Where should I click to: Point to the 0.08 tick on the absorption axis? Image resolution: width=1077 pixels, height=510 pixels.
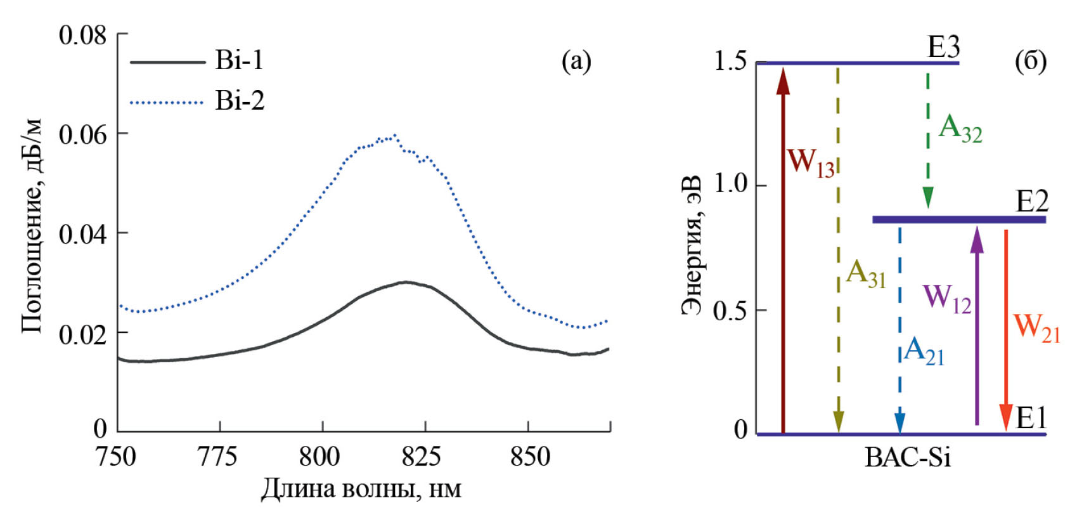click(x=82, y=34)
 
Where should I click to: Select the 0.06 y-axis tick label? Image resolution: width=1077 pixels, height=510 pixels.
click(x=82, y=134)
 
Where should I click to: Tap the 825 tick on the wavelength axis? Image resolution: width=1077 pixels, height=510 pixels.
click(x=421, y=456)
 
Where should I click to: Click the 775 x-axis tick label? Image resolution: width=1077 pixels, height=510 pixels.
click(x=217, y=456)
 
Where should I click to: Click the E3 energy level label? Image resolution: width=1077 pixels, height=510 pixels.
click(x=943, y=48)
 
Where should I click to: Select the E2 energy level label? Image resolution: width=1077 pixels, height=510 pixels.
click(x=1031, y=202)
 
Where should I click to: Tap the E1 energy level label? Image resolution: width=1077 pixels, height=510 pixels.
click(x=1031, y=418)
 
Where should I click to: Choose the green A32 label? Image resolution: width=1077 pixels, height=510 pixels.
click(x=960, y=128)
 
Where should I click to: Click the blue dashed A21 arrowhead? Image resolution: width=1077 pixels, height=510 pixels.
click(x=900, y=424)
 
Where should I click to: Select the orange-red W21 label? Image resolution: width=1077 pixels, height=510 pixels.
click(x=1036, y=327)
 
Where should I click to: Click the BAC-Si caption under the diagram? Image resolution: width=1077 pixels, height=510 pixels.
click(x=908, y=457)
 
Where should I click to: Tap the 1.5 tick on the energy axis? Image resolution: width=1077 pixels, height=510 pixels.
click(x=730, y=62)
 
